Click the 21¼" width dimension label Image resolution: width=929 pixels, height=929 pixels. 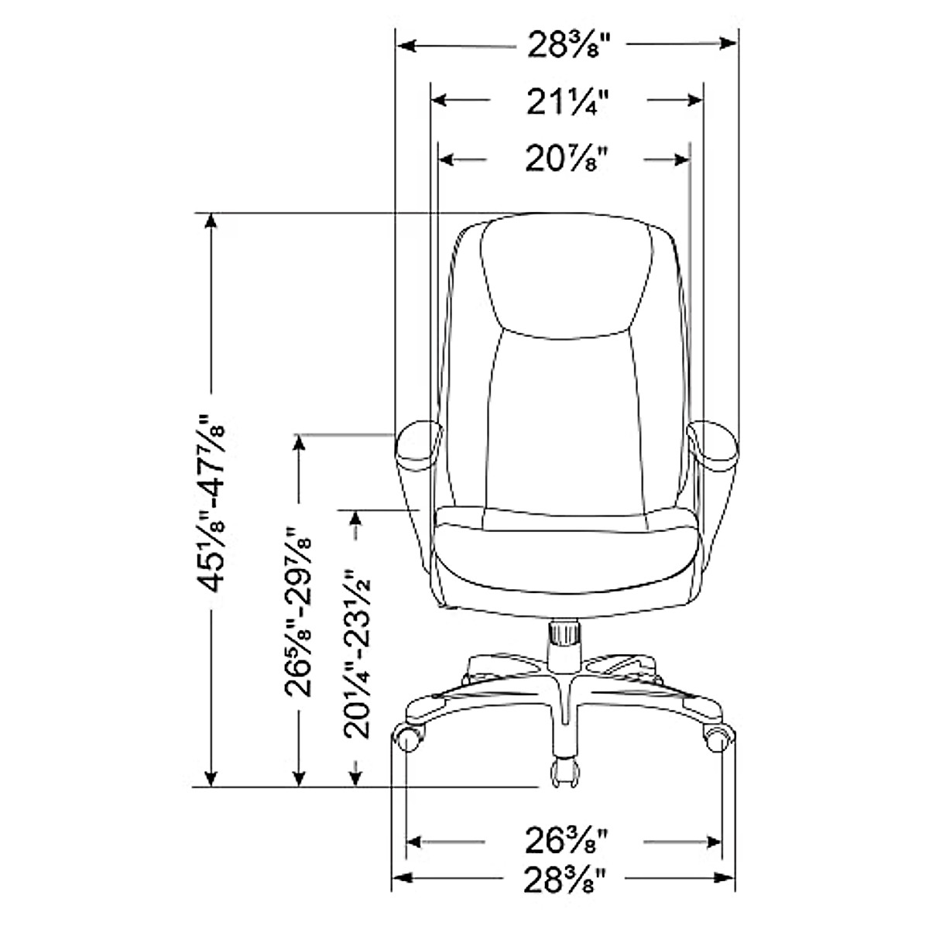tap(567, 101)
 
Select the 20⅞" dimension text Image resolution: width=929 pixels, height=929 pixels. tap(565, 159)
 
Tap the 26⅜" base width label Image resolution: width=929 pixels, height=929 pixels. tap(566, 841)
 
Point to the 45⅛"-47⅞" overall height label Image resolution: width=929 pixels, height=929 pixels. tap(211, 503)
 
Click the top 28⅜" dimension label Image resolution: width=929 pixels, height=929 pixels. tap(566, 45)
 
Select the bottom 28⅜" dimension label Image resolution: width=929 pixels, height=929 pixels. tap(566, 879)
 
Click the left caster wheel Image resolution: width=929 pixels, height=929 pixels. tap(411, 739)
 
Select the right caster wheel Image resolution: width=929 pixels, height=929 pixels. tap(718, 739)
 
